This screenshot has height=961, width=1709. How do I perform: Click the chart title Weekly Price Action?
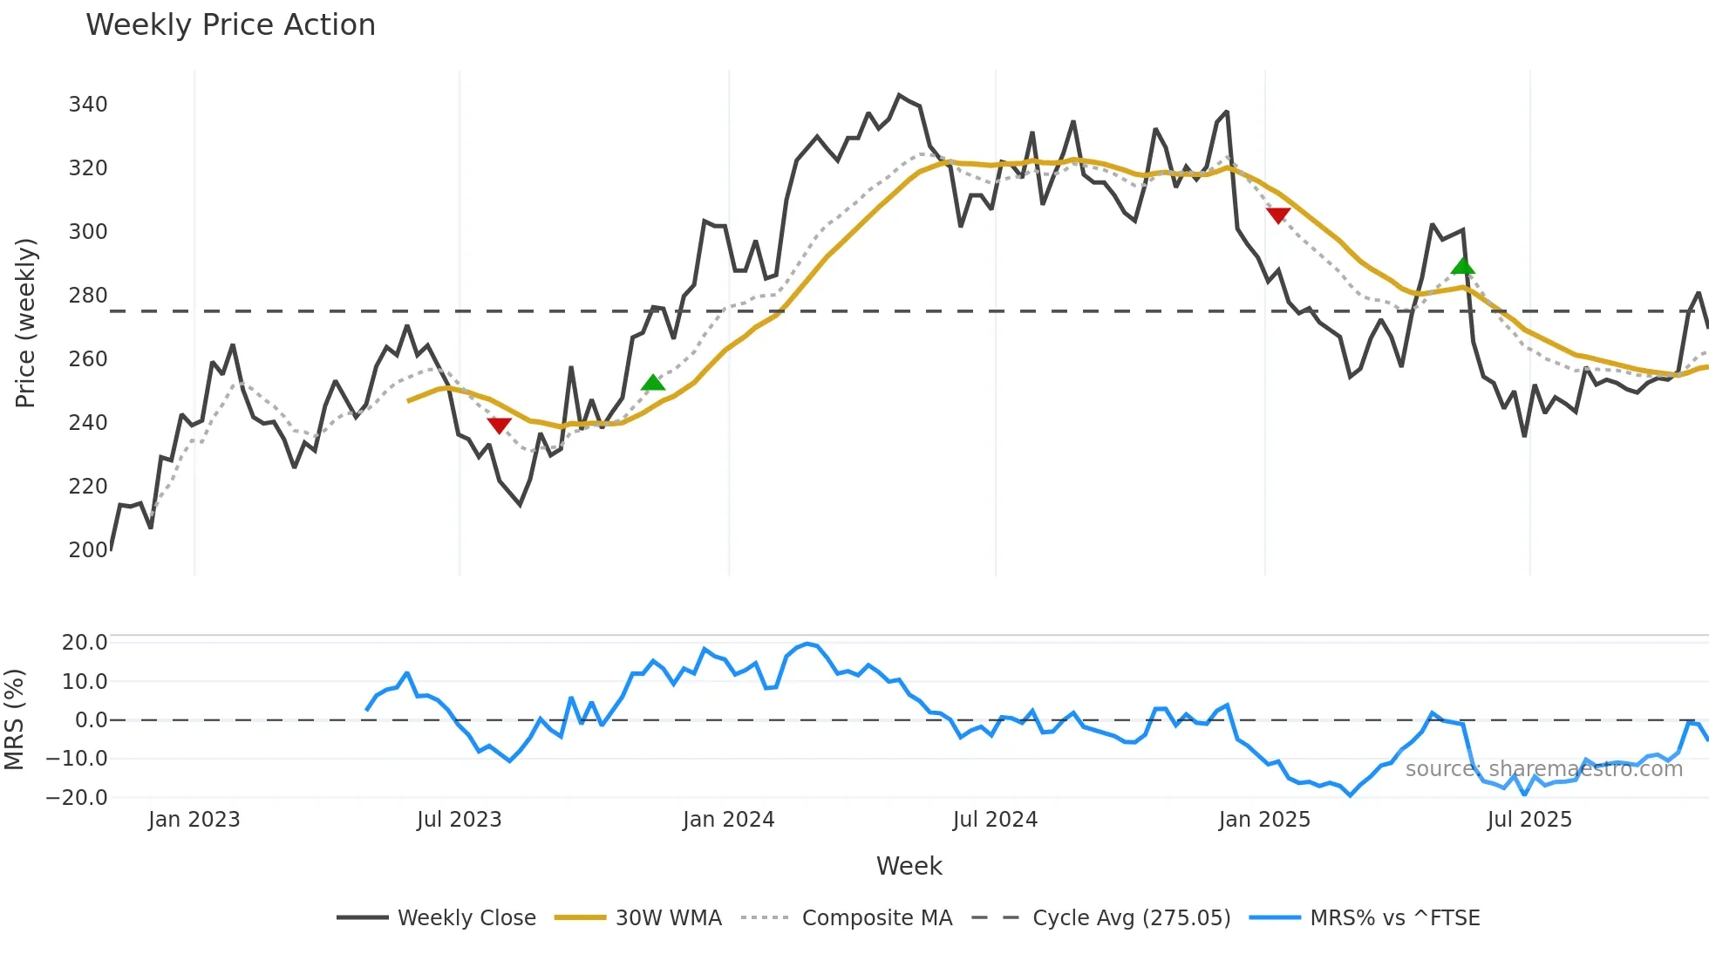pyautogui.click(x=230, y=25)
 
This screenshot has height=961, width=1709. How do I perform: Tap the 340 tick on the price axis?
pyautogui.click(x=88, y=105)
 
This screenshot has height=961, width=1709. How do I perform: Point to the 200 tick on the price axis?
pyautogui.click(x=88, y=550)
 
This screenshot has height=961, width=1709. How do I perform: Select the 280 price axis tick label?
pyautogui.click(x=88, y=296)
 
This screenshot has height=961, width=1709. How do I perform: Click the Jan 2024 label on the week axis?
pyautogui.click(x=728, y=820)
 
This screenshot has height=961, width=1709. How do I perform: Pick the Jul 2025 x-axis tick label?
pyautogui.click(x=1529, y=820)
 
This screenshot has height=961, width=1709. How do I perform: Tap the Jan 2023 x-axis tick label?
pyautogui.click(x=194, y=820)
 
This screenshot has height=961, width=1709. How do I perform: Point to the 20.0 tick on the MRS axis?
pyautogui.click(x=84, y=643)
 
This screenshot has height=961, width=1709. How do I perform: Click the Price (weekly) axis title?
pyautogui.click(x=26, y=323)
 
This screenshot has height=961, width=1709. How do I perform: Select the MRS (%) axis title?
pyautogui.click(x=14, y=719)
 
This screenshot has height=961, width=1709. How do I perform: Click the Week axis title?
pyautogui.click(x=909, y=866)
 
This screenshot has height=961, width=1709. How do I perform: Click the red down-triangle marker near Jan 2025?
pyautogui.click(x=1278, y=215)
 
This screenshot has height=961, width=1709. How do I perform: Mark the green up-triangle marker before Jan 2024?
pyautogui.click(x=653, y=383)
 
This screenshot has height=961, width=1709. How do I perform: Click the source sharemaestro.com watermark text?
pyautogui.click(x=1543, y=769)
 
